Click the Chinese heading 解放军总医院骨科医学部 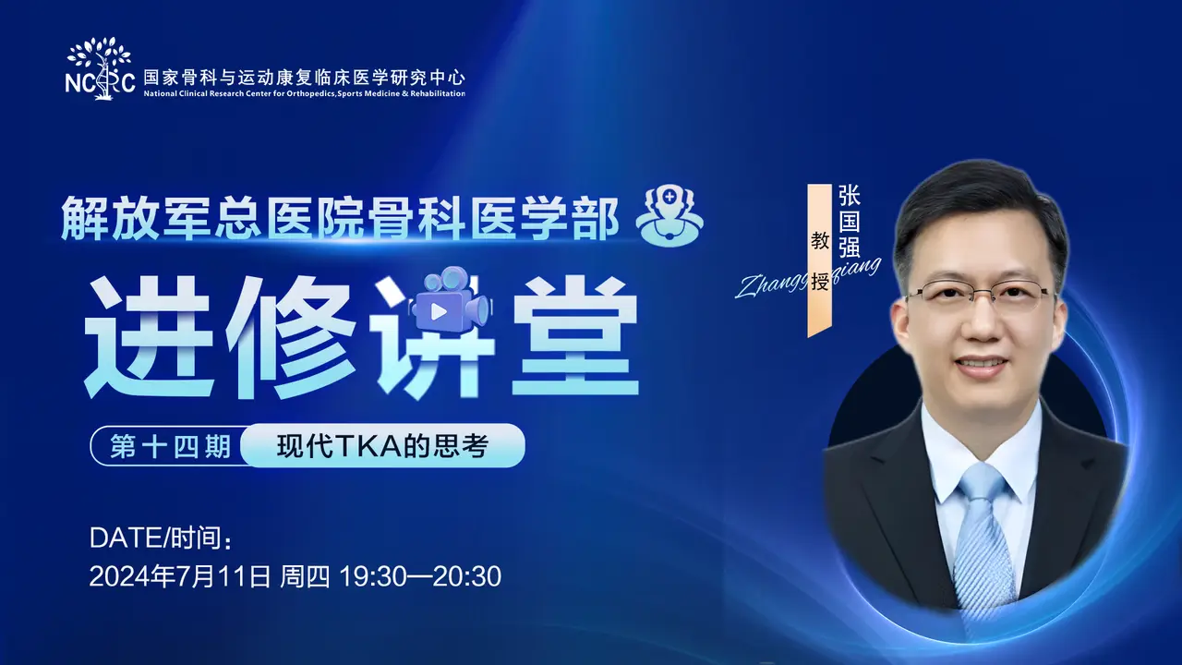tap(340, 218)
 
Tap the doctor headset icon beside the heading tap(669, 215)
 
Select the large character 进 tap(150, 338)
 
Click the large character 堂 tap(575, 338)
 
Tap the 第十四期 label tap(171, 446)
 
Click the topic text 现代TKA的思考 tap(382, 446)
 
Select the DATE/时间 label tap(161, 538)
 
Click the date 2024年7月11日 tap(180, 575)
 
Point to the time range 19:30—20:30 tap(420, 575)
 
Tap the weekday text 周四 tap(305, 575)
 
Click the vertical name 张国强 tap(849, 221)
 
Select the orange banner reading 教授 tap(819, 260)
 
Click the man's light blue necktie tap(983, 544)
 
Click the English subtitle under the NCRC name tap(305, 93)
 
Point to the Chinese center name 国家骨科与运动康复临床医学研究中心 tap(305, 77)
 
